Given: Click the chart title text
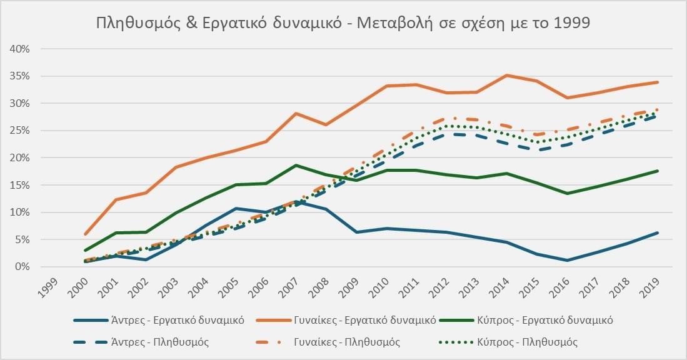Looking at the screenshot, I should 343,22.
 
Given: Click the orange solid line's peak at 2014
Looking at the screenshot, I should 507,75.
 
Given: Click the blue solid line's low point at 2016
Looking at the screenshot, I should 568,260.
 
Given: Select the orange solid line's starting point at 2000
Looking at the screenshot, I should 85,234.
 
